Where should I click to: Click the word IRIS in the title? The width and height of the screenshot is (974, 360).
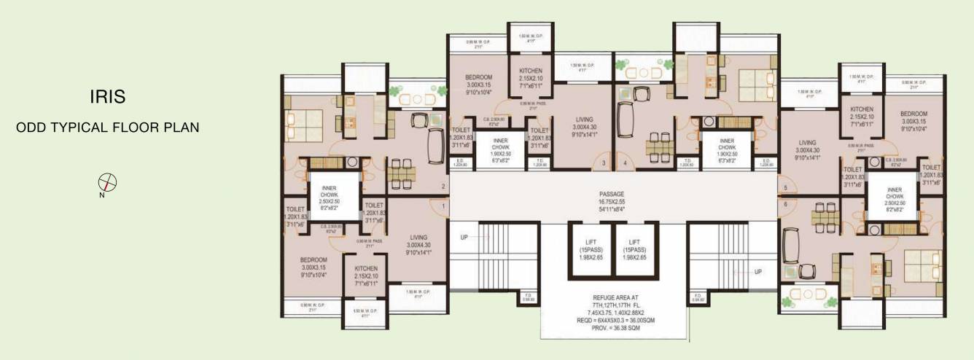[107, 96]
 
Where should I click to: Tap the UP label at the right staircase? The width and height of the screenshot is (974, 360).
[758, 272]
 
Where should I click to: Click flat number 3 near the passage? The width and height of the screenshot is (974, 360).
[603, 163]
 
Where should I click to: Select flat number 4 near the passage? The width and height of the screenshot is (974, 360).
[625, 163]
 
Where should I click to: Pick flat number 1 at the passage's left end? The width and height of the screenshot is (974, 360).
[443, 207]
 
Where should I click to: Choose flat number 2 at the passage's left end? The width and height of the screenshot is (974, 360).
[443, 187]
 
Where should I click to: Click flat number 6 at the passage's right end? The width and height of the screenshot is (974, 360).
[785, 205]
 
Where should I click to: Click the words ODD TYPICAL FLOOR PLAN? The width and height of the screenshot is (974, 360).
[107, 128]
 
